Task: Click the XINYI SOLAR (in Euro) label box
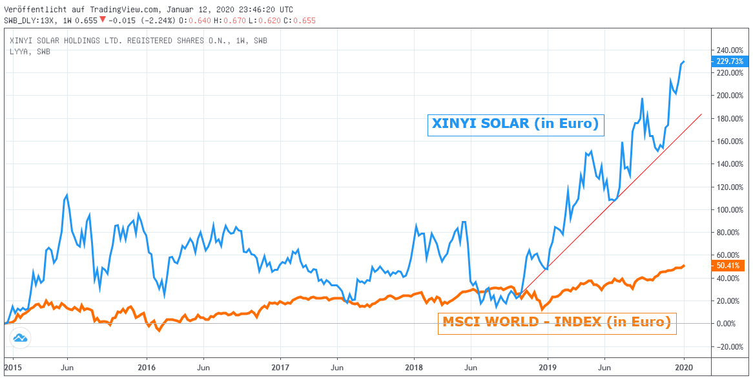pos(515,124)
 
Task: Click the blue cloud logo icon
pos(20,338)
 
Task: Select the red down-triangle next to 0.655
pos(102,20)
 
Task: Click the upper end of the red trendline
pos(702,114)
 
